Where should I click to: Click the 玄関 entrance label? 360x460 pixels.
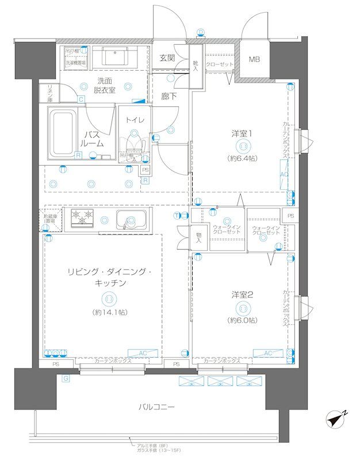[167, 57]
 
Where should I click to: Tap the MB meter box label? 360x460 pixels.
[254, 59]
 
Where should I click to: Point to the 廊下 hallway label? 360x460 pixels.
[169, 96]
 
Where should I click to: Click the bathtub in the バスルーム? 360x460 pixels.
[63, 133]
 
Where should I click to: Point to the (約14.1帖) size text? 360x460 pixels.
[108, 313]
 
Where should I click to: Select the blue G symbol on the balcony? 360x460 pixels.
[66, 378]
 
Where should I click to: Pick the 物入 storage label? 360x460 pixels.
[198, 237]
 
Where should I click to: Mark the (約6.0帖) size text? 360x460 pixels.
[242, 320]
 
